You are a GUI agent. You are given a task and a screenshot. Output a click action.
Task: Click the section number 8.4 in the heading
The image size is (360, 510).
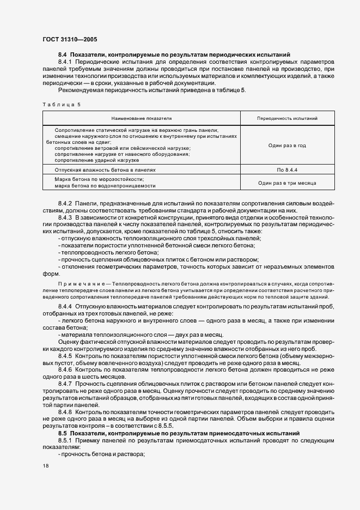pos(63,55)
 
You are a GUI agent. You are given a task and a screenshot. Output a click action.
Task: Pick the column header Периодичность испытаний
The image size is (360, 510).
pos(287,118)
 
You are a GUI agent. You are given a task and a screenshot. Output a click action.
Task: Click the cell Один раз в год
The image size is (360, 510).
pos(287,145)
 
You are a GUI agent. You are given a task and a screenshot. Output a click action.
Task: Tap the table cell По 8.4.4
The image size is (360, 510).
pos(287,170)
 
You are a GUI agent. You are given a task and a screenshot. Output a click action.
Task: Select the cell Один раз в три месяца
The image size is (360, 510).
pos(287,183)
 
